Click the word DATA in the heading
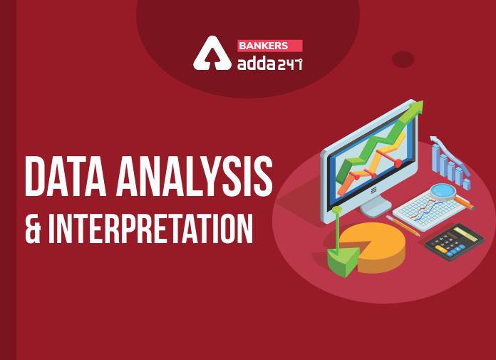(x=66, y=176)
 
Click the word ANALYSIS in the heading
(x=195, y=176)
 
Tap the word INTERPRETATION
(x=150, y=228)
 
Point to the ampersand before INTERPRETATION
(x=33, y=228)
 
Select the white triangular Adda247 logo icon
(x=212, y=53)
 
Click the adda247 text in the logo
(x=270, y=64)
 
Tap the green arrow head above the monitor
(x=415, y=108)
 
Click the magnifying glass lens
(x=443, y=191)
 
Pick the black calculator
(x=454, y=242)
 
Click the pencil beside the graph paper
(x=403, y=226)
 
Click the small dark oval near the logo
(x=403, y=59)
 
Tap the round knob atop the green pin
(x=337, y=210)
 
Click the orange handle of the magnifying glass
(x=465, y=203)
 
